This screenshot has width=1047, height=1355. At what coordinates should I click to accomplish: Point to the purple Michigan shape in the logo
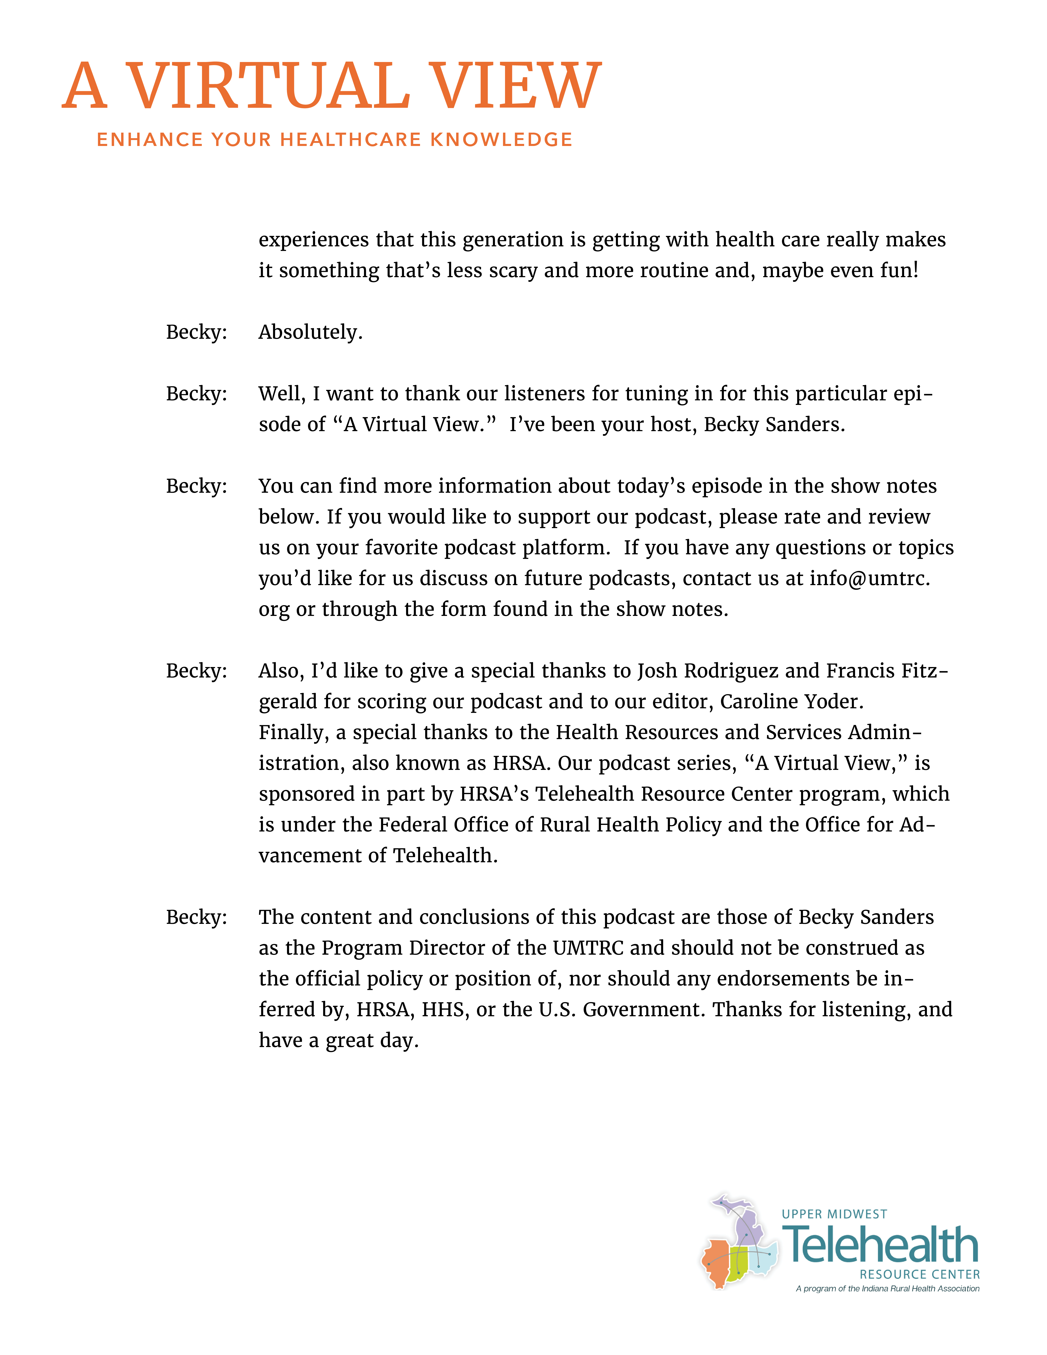tap(747, 1225)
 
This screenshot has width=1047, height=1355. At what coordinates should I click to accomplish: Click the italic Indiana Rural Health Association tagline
tap(887, 1289)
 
